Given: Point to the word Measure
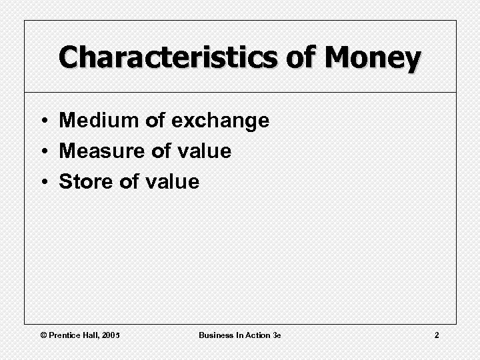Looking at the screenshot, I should click(x=103, y=151).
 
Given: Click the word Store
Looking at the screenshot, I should click(x=86, y=181).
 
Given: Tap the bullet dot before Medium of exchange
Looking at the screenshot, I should click(x=42, y=121).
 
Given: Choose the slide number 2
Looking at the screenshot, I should click(x=437, y=335).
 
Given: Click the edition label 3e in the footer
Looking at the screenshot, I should click(x=277, y=335).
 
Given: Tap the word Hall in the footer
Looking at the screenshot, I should click(x=91, y=335).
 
